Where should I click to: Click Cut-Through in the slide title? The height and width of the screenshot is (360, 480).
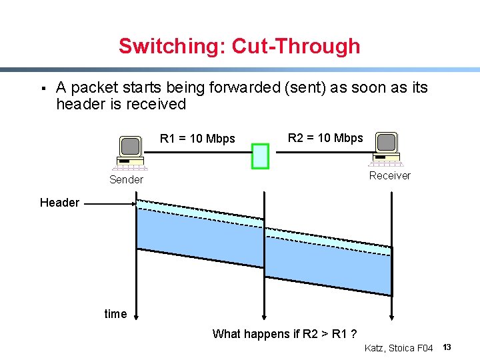[x=295, y=46]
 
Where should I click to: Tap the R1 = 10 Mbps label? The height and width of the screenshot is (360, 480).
[x=197, y=139]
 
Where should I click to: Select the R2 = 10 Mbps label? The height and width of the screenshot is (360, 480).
[x=325, y=138]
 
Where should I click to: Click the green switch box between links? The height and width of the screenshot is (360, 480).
[x=260, y=155]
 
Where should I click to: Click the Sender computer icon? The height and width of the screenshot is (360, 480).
[x=131, y=153]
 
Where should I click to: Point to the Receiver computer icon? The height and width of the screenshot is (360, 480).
[x=387, y=149]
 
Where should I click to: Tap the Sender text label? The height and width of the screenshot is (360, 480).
[x=126, y=179]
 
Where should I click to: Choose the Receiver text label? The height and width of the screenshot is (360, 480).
[x=390, y=175]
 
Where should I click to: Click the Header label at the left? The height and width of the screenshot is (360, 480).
[x=59, y=203]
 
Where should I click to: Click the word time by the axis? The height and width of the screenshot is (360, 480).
[x=115, y=314]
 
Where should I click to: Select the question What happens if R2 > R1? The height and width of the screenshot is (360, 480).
[x=283, y=334]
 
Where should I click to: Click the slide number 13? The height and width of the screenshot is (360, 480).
[x=447, y=347]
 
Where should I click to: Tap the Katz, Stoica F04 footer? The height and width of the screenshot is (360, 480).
[x=399, y=348]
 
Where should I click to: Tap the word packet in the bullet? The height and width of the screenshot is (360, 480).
[x=93, y=87]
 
